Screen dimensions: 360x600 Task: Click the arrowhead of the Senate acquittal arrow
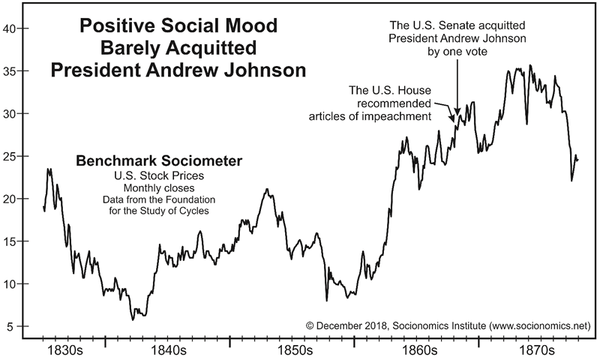click(x=457, y=115)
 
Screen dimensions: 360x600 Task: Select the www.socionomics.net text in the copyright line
click(x=539, y=327)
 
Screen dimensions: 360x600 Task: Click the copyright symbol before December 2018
click(x=310, y=327)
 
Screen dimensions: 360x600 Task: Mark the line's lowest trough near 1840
click(x=133, y=319)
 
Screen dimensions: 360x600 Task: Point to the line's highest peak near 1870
click(x=531, y=65)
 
